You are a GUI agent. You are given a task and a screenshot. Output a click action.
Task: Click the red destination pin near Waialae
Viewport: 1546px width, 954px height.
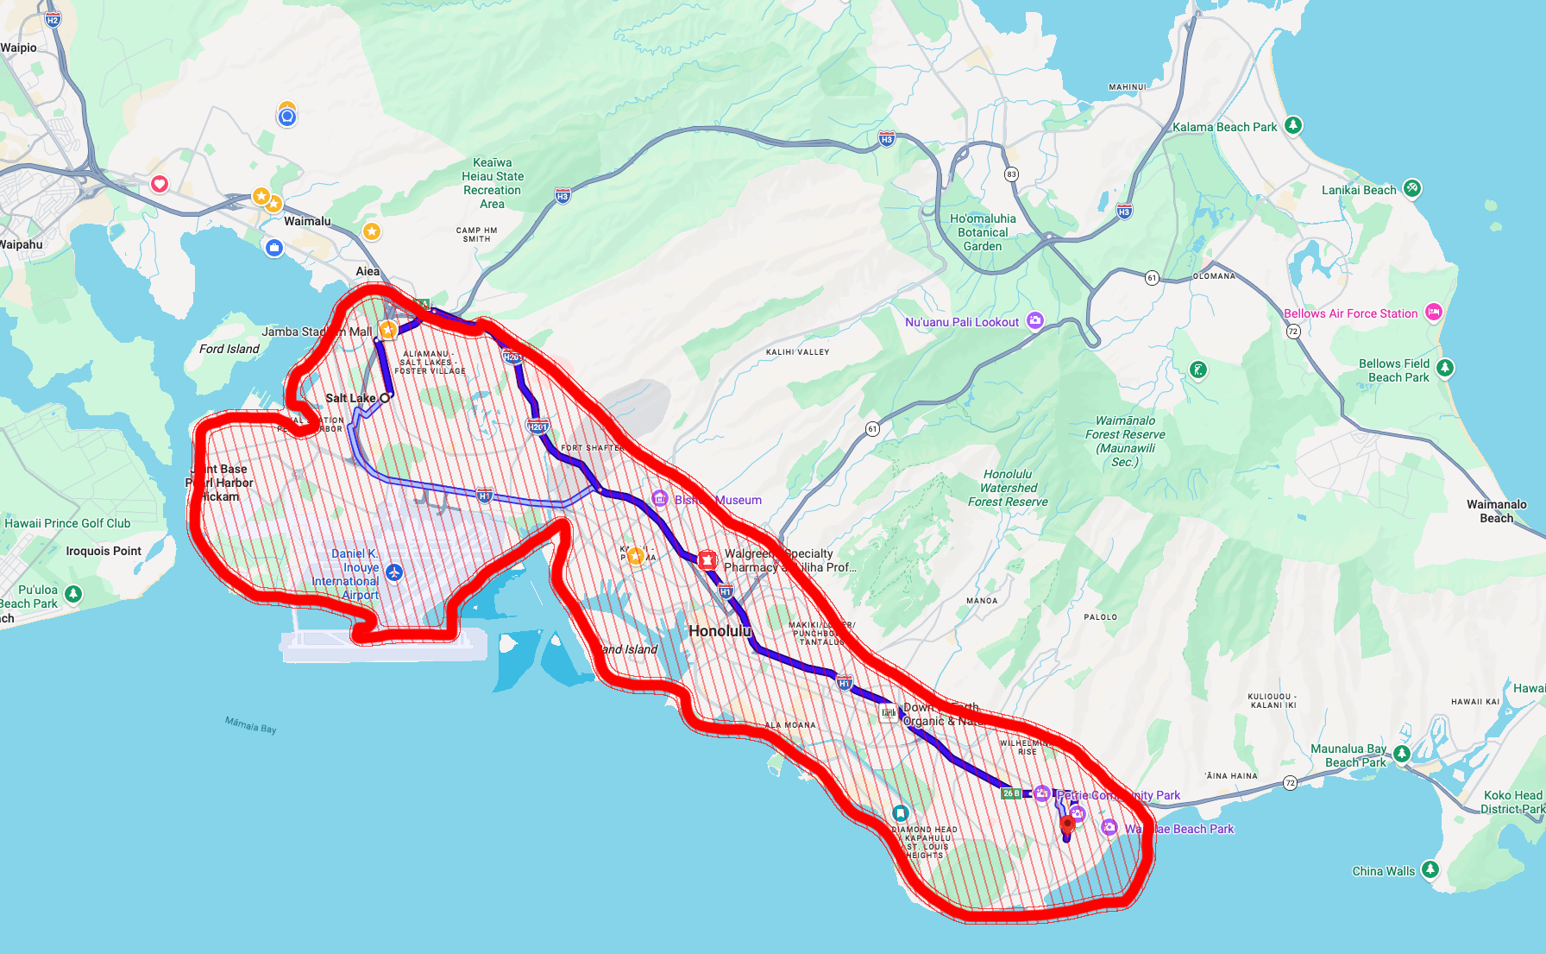click(x=1067, y=823)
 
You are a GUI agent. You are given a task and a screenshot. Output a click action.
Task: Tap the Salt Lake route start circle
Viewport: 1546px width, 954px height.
click(x=386, y=398)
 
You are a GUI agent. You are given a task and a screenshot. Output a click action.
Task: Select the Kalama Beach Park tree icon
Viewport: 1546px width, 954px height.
click(x=1292, y=125)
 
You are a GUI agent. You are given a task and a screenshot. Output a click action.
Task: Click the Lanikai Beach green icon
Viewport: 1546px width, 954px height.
click(x=1412, y=188)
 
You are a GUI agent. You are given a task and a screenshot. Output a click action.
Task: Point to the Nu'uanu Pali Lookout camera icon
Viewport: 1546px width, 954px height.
click(x=1035, y=321)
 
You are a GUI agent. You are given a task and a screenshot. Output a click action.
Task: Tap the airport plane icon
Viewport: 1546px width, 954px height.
click(x=394, y=572)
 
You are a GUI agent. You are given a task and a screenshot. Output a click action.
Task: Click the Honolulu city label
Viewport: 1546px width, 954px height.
click(x=720, y=631)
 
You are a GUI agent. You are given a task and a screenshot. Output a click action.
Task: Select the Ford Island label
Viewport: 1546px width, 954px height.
click(x=229, y=349)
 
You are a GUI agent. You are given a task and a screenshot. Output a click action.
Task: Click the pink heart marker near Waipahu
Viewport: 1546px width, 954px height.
click(x=160, y=184)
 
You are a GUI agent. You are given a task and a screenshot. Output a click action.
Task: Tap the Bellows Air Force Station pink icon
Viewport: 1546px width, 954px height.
click(x=1434, y=313)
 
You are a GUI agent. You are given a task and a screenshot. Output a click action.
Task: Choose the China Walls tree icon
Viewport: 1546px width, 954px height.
click(x=1430, y=869)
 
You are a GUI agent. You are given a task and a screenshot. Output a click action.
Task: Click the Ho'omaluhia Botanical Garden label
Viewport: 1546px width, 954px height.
click(x=983, y=232)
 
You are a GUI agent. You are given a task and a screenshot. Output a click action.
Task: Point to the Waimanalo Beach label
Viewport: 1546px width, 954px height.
click(x=1496, y=511)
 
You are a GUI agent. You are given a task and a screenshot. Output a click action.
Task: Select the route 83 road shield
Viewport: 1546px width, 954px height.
click(x=1011, y=174)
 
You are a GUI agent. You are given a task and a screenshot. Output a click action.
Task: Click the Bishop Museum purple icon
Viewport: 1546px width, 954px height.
click(x=660, y=498)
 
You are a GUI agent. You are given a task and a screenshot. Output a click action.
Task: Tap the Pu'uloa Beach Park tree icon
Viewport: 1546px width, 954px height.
click(x=73, y=594)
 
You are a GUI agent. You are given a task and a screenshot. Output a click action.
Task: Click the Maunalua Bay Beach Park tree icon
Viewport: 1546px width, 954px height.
click(x=1402, y=754)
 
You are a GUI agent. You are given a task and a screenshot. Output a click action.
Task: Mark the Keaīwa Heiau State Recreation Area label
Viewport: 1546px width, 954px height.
click(x=493, y=183)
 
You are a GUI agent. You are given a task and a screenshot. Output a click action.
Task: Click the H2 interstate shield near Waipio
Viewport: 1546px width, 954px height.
click(x=53, y=20)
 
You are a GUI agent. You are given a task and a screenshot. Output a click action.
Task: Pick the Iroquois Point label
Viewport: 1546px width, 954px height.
click(x=104, y=551)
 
